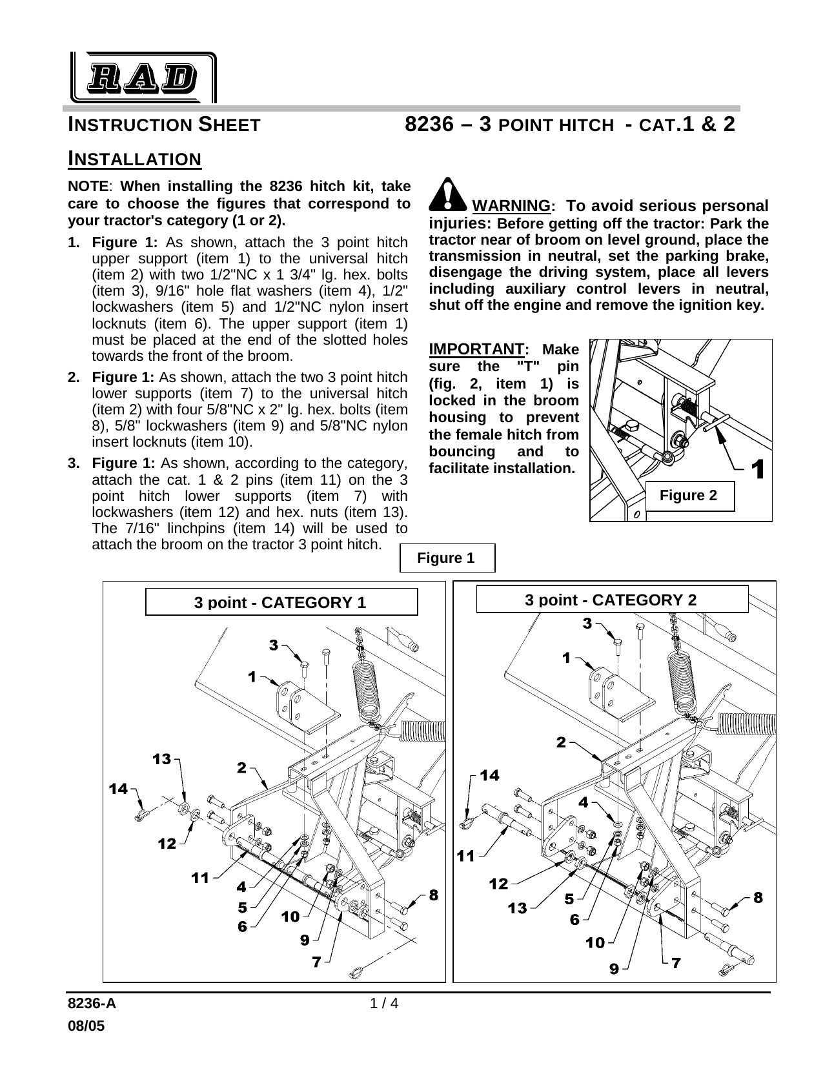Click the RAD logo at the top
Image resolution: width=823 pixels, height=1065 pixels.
coord(143,77)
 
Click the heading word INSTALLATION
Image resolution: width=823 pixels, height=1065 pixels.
coord(135,159)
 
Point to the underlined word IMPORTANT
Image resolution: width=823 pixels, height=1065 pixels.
coord(476,349)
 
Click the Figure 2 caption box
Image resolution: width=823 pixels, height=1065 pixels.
coord(688,496)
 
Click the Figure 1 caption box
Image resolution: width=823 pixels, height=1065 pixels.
coord(447,558)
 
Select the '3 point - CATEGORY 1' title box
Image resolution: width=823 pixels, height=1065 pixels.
coord(281,602)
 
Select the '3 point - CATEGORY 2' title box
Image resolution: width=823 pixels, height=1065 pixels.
coord(611,600)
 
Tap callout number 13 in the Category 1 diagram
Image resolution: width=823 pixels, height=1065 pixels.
coord(161,759)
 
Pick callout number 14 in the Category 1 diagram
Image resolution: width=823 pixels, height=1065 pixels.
coord(117,788)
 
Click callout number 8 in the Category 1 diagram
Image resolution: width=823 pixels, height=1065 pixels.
coord(433,895)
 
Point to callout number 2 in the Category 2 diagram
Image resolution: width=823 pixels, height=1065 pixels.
coord(561,743)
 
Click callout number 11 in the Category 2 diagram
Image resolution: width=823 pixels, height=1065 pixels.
coord(466,857)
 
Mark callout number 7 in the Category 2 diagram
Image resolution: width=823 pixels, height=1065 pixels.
coord(675,963)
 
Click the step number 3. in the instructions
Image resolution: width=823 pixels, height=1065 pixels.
coord(74,463)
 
